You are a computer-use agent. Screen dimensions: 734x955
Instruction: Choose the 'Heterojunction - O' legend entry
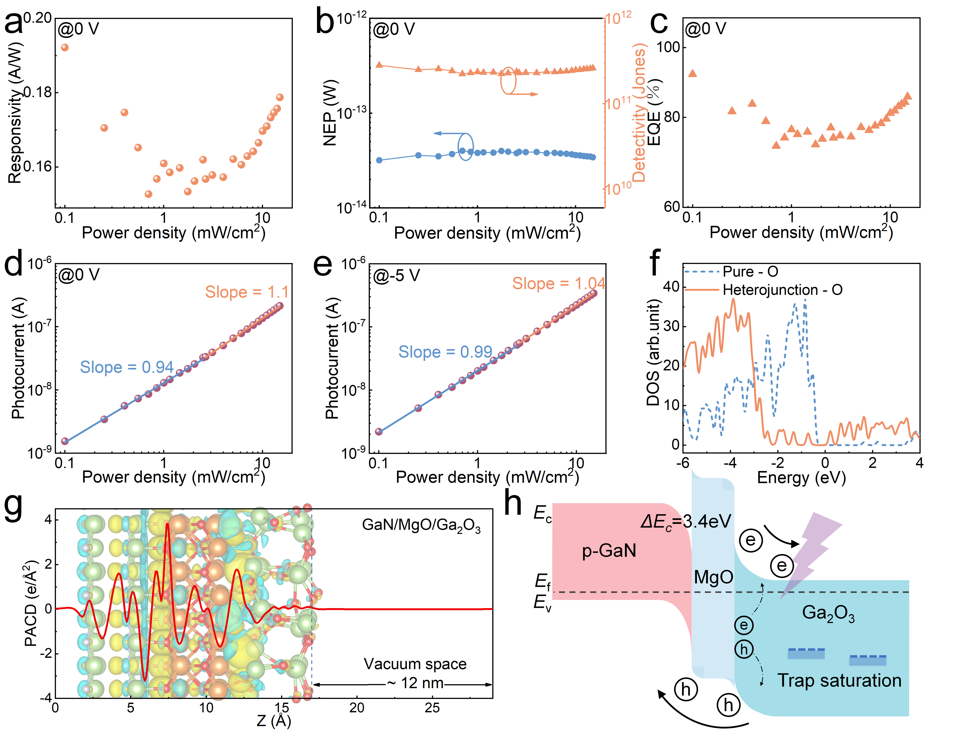point(782,290)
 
